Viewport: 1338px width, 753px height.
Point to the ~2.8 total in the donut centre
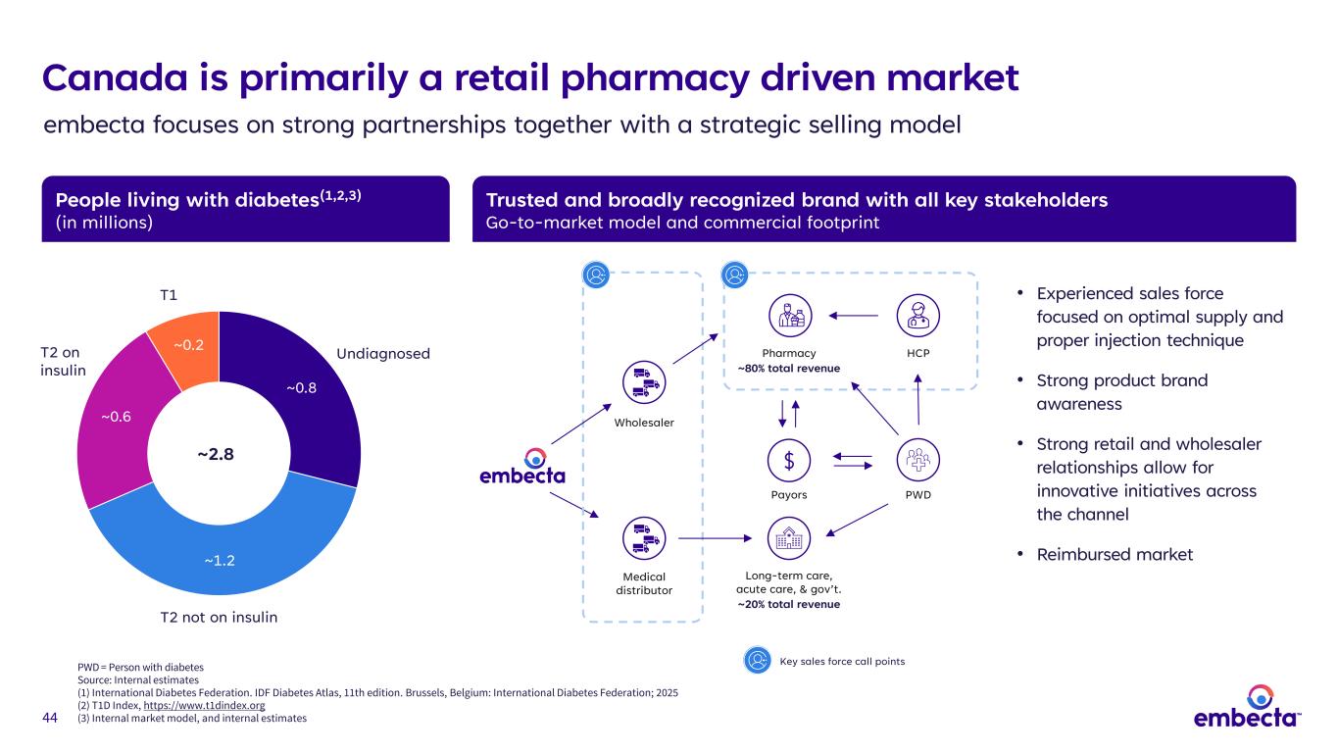(x=216, y=454)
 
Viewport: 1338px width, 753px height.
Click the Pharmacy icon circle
(x=790, y=316)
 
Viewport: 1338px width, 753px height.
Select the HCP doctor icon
(x=918, y=316)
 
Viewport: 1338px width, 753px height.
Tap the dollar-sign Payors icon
(x=789, y=460)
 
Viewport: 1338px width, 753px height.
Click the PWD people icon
(x=918, y=460)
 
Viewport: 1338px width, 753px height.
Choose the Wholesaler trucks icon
(x=644, y=382)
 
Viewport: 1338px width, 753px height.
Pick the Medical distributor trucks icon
(x=644, y=538)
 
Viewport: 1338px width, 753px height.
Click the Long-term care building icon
(x=789, y=538)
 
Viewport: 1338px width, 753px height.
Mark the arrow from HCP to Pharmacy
(x=854, y=316)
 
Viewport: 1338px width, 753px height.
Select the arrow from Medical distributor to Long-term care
(x=715, y=538)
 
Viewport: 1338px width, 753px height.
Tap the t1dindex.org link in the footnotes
(x=204, y=705)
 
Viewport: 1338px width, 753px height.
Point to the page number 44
(x=50, y=718)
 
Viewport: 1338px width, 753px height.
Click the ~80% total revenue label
(x=789, y=368)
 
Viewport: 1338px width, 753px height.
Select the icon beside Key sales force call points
(x=758, y=661)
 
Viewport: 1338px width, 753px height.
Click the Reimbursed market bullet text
(x=1115, y=555)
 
